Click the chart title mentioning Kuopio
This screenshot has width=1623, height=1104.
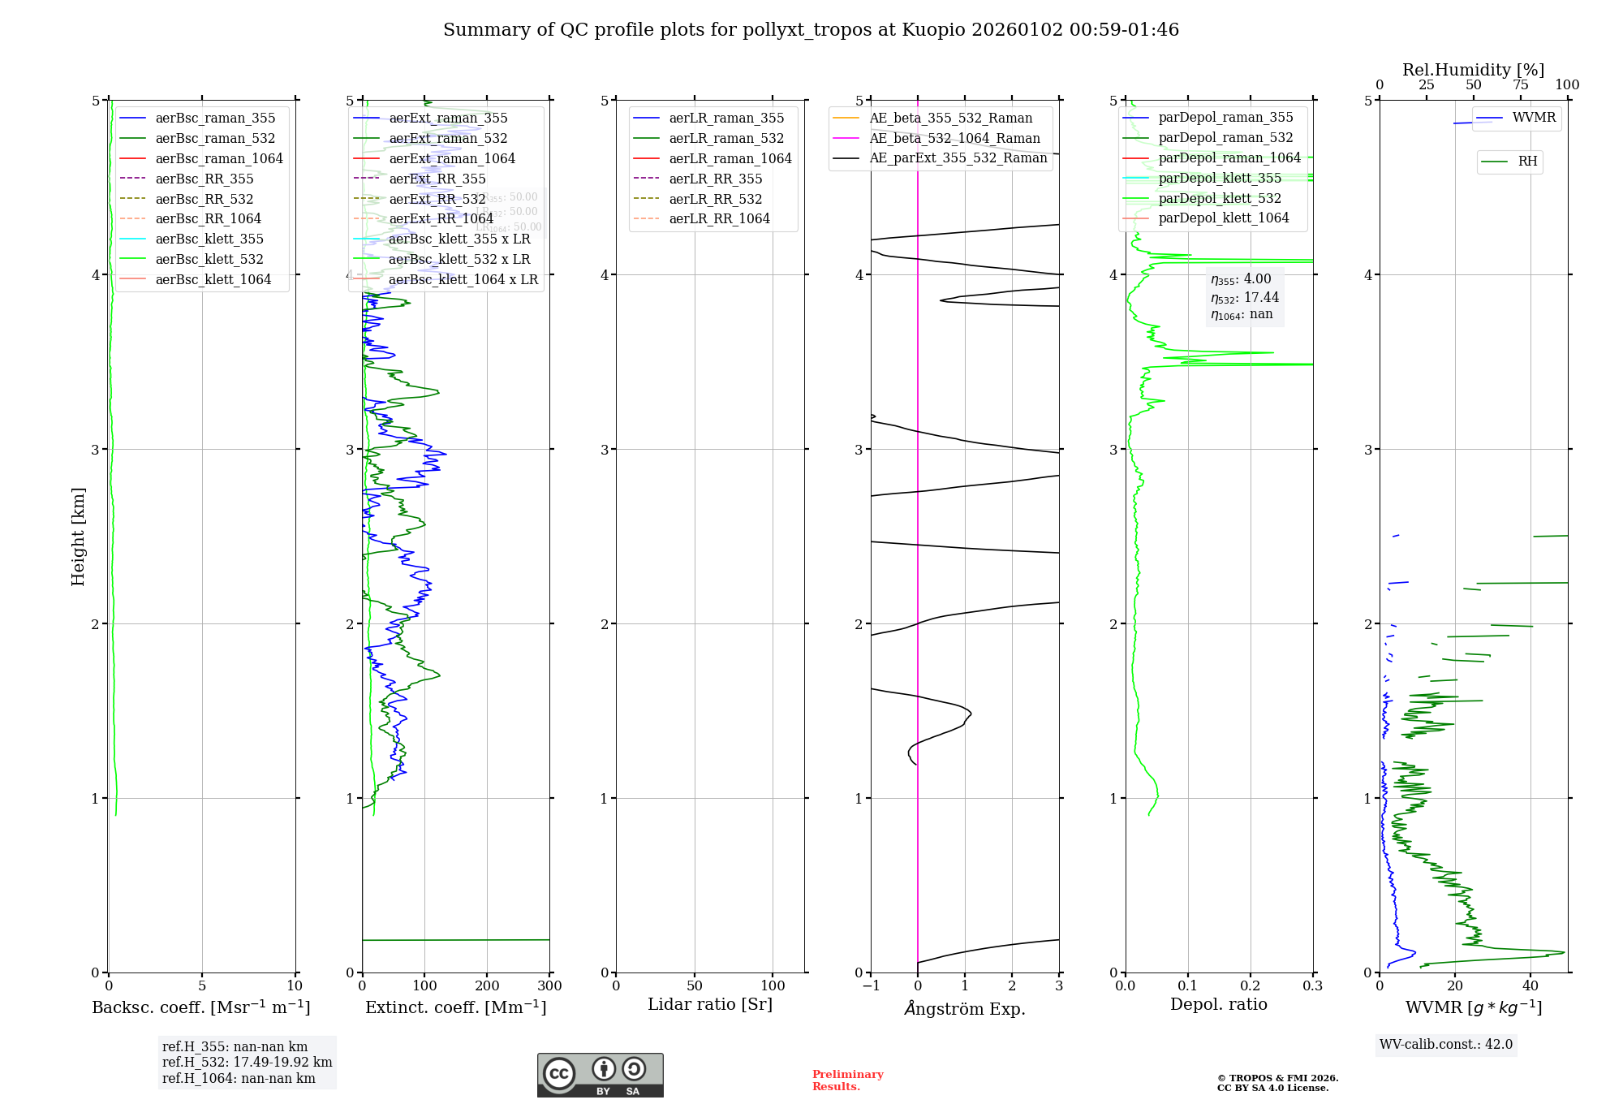pyautogui.click(x=811, y=30)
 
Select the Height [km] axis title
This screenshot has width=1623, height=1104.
pyautogui.click(x=78, y=537)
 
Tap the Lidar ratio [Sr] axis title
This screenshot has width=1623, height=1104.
pyautogui.click(x=710, y=1005)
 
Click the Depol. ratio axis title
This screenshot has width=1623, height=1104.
pyautogui.click(x=1218, y=1005)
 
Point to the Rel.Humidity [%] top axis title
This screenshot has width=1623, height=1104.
pyautogui.click(x=1473, y=70)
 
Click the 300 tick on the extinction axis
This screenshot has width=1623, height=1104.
pyautogui.click(x=549, y=986)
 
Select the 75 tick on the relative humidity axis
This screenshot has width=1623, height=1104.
pyautogui.click(x=1520, y=85)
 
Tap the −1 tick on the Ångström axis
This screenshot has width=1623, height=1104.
pyautogui.click(x=871, y=986)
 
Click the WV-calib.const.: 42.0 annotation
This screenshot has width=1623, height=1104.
pyautogui.click(x=1446, y=1045)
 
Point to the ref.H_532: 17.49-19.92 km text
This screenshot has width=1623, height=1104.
pyautogui.click(x=247, y=1063)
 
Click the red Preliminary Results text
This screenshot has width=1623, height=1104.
pyautogui.click(x=847, y=1080)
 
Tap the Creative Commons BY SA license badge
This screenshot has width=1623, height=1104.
pyautogui.click(x=600, y=1076)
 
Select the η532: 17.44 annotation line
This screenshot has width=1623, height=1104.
pyautogui.click(x=1244, y=298)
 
